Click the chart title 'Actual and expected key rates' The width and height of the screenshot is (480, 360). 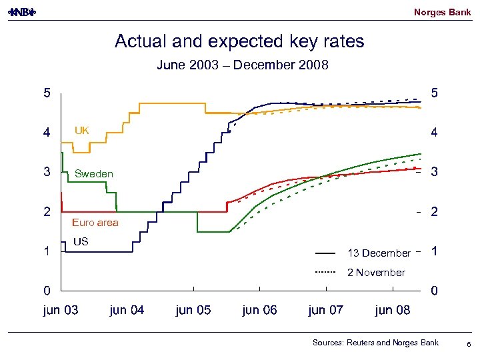(x=239, y=41)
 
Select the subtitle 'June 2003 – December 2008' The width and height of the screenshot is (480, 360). (x=242, y=65)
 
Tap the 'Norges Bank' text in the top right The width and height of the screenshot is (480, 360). (x=442, y=12)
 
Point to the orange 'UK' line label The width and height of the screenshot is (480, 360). (x=81, y=131)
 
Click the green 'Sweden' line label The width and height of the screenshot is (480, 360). (x=94, y=174)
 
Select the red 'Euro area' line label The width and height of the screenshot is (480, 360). (x=95, y=223)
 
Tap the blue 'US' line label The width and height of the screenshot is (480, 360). (x=80, y=241)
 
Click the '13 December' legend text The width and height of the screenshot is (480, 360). (x=379, y=253)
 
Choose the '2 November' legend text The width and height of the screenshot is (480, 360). (x=376, y=273)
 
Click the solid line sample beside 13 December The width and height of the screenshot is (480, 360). (x=325, y=253)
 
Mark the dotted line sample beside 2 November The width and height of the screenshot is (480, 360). (x=325, y=273)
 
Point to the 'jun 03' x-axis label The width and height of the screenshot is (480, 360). (x=60, y=310)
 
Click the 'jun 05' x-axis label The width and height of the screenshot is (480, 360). (x=193, y=310)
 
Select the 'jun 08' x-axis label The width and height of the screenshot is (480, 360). (x=393, y=310)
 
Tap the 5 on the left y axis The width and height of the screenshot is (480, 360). (x=47, y=93)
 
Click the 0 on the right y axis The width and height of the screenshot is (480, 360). (x=434, y=291)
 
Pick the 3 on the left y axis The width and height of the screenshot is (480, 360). (x=47, y=172)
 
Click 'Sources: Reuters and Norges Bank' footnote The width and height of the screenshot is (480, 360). (x=375, y=343)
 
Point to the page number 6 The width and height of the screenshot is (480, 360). (x=469, y=344)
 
